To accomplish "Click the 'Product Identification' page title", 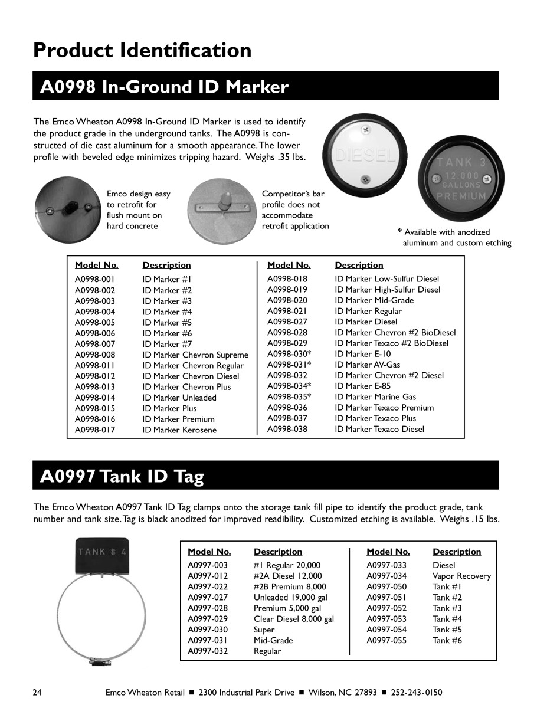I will [142, 50].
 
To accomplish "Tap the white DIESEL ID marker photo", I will [365, 153].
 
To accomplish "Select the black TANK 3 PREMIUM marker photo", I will [461, 179].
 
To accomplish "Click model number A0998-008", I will [95, 355].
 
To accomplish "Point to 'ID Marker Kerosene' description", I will [179, 430].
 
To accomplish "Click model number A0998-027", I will [287, 322].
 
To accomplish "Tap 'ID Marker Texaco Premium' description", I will [384, 408].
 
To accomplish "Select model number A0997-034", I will [386, 576].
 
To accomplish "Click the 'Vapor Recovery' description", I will [461, 576].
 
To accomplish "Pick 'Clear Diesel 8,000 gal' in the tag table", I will [294, 619].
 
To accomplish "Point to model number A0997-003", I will [208, 565].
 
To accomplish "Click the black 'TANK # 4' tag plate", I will [101, 555].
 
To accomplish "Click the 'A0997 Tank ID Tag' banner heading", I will [122, 476].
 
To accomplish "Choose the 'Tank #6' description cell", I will [447, 640].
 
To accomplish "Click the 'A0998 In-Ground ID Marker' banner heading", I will [164, 87].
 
